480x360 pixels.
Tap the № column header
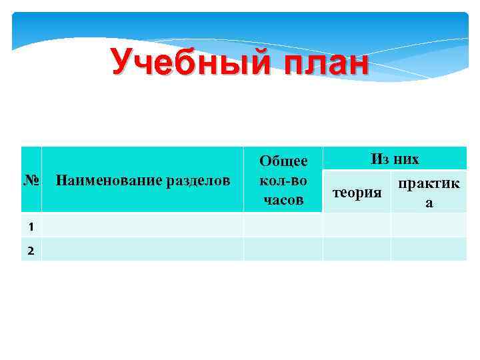(x=31, y=180)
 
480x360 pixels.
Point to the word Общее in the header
(x=283, y=161)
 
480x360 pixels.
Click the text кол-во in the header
(x=283, y=180)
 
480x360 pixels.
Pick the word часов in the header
(x=283, y=199)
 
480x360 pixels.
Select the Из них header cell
(x=395, y=159)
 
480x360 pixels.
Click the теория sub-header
(x=357, y=193)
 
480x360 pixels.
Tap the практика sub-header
(x=429, y=193)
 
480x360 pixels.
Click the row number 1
(x=31, y=225)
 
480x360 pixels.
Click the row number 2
(x=31, y=249)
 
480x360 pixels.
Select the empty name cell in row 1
(x=142, y=225)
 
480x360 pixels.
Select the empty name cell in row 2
(x=142, y=249)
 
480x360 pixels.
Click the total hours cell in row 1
(x=283, y=225)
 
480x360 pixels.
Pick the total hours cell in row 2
(x=283, y=249)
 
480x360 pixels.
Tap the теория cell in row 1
(x=357, y=225)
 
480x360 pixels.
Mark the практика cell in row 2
(x=429, y=249)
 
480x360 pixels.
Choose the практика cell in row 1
(x=429, y=225)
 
